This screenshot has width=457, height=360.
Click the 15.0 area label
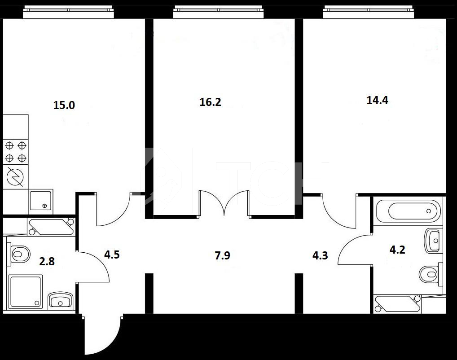[64, 105]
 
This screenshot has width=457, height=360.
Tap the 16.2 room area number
[211, 102]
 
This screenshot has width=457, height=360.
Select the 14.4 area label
[377, 100]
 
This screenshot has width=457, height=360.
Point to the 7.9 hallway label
[222, 255]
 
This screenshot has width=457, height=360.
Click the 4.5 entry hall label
[112, 255]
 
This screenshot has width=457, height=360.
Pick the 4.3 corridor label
[320, 256]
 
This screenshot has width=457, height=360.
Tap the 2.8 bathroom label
[47, 261]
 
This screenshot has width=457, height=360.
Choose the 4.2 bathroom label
[397, 250]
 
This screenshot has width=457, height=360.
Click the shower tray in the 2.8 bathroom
[26, 291]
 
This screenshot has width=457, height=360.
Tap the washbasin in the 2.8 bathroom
[60, 300]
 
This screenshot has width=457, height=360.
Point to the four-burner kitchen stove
[16, 152]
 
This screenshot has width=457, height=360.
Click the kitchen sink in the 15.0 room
[41, 200]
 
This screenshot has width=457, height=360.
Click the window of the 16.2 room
[219, 12]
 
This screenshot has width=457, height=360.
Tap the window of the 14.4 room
[369, 12]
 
